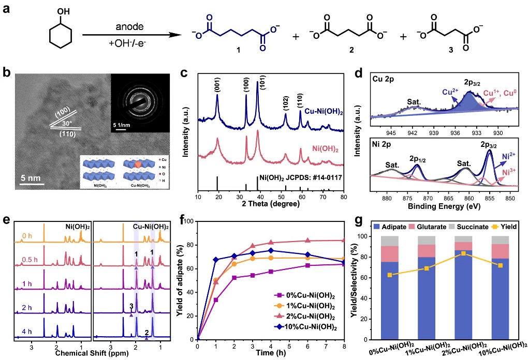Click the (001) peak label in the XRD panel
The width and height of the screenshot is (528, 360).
point(217,80)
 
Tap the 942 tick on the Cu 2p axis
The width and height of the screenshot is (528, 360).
point(413,132)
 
